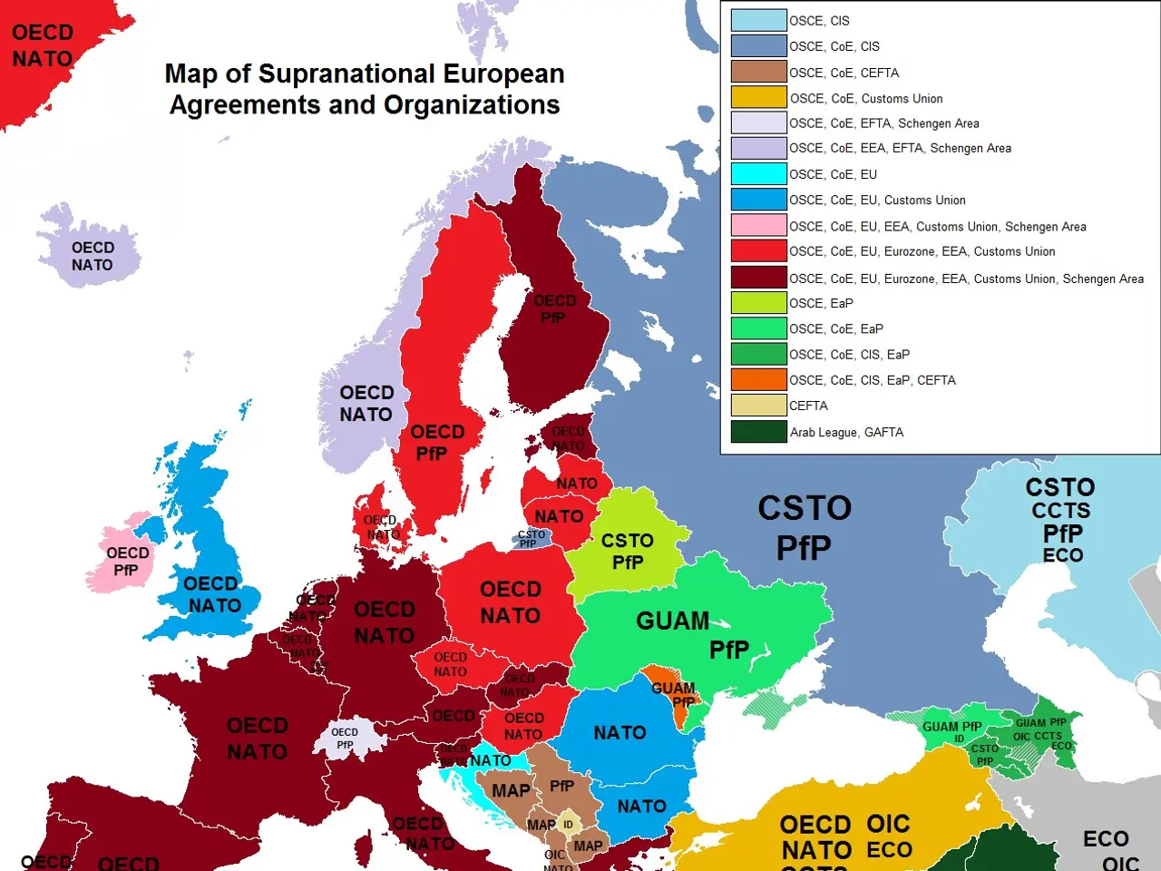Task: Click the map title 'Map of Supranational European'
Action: click(x=364, y=73)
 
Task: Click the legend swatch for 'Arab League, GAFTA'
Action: click(x=758, y=432)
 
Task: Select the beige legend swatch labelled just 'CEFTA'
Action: click(x=758, y=406)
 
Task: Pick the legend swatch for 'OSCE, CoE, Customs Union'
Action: click(x=758, y=97)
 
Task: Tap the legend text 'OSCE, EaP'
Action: click(x=821, y=303)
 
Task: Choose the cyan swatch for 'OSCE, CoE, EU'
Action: click(x=758, y=173)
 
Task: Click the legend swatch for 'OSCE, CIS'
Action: click(x=758, y=20)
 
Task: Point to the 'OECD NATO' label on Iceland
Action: click(x=93, y=256)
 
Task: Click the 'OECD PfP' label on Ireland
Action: click(x=127, y=561)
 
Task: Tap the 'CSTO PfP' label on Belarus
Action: click(x=627, y=551)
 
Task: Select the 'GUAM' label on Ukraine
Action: click(x=672, y=621)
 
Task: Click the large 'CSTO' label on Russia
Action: click(x=805, y=508)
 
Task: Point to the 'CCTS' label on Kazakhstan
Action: click(x=1060, y=511)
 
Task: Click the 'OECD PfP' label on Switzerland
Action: click(x=345, y=738)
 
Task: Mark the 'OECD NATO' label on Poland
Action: click(x=510, y=602)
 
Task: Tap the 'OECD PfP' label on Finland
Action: click(x=554, y=308)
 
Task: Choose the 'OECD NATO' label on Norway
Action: click(x=366, y=404)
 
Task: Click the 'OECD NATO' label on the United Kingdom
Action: click(x=212, y=594)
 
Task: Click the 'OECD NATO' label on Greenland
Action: click(x=42, y=45)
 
